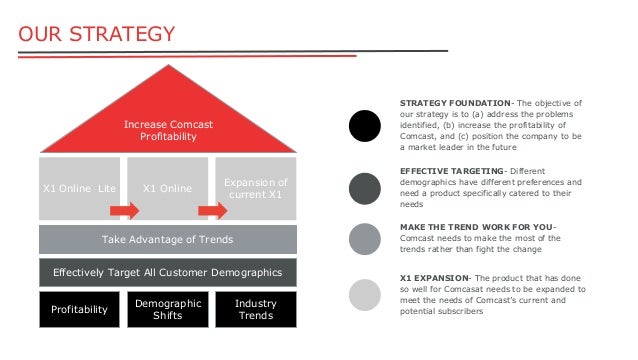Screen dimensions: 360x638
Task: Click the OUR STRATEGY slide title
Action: [97, 35]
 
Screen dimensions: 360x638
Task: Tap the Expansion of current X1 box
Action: [256, 187]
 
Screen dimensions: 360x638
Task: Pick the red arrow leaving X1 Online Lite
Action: [124, 211]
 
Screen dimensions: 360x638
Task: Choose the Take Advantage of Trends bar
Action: [167, 239]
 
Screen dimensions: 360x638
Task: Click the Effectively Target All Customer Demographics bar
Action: [167, 272]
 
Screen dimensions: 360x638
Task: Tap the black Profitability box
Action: [79, 309]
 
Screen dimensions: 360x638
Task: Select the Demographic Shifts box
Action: [167, 309]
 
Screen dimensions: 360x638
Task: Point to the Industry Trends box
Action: [255, 309]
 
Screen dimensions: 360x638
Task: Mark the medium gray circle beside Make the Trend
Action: [365, 239]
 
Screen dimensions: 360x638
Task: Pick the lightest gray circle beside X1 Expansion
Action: [365, 294]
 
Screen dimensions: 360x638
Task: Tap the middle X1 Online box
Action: [167, 187]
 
